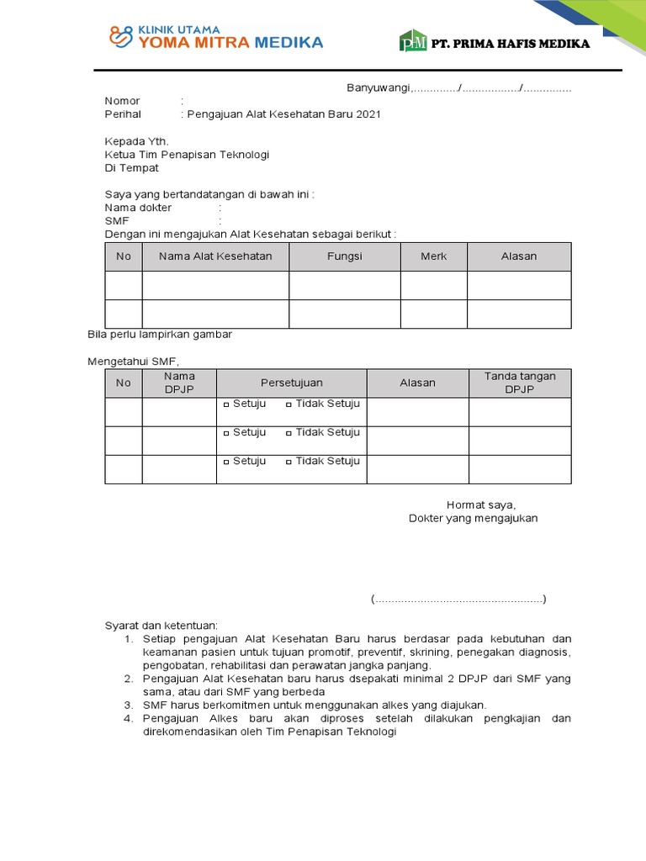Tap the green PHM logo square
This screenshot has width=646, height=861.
(413, 41)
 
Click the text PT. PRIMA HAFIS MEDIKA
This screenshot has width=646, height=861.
(510, 44)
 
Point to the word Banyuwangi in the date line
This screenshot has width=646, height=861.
(378, 88)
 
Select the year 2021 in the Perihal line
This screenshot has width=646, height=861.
(368, 114)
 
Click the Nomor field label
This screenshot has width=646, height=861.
(122, 101)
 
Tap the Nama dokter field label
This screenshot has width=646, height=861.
(138, 208)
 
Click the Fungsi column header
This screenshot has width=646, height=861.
(344, 256)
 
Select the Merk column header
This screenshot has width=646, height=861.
(433, 256)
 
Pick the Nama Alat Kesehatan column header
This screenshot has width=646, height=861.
(215, 256)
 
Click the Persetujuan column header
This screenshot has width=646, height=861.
(291, 383)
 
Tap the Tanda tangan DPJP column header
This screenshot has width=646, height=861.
(519, 383)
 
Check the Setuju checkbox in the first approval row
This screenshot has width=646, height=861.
(226, 405)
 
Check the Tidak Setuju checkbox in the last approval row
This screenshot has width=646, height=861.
(289, 462)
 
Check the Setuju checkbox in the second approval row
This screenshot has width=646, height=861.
(226, 434)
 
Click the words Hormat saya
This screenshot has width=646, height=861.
(480, 505)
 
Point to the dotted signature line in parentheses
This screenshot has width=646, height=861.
(458, 600)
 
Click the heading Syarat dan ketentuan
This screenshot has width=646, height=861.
(161, 626)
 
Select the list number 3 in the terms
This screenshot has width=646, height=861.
(129, 705)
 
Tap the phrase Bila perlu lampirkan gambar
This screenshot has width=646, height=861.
(160, 335)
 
